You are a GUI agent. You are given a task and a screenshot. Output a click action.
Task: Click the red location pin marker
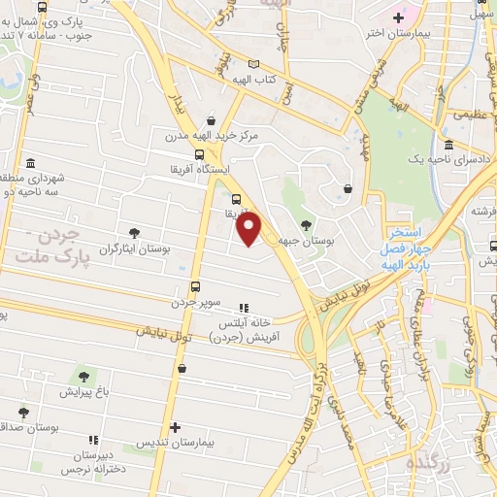point(249,228)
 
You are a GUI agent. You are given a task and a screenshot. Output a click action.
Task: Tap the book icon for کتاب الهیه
point(254,62)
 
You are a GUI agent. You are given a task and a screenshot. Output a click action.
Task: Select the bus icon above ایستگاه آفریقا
point(199,153)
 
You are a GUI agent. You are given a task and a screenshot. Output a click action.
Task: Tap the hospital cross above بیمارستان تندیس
point(175,427)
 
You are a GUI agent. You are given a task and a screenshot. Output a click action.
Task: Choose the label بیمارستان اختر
point(389,33)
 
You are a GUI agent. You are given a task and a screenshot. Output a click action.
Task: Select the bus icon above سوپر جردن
point(195,286)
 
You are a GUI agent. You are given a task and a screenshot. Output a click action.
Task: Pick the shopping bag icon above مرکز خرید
point(212,120)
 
